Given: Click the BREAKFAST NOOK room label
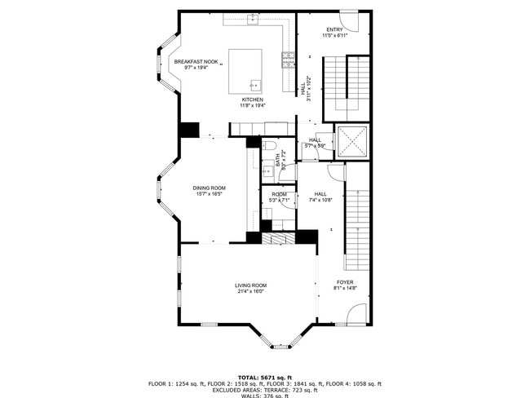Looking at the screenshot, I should click(x=196, y=62).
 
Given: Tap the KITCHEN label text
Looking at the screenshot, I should click(x=251, y=99).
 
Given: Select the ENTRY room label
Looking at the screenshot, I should click(x=334, y=30).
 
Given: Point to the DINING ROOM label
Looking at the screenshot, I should click(x=209, y=188).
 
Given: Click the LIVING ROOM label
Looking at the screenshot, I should click(x=251, y=285).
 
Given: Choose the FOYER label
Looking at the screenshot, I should click(x=345, y=281).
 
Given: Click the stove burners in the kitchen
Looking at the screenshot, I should click(x=288, y=58).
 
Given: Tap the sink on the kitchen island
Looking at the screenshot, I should click(x=255, y=84).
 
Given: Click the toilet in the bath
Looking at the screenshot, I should click(x=271, y=147).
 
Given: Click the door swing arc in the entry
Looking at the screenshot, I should click(x=348, y=18).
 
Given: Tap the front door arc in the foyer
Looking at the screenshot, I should click(x=358, y=314).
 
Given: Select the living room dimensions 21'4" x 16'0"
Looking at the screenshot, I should click(x=251, y=291).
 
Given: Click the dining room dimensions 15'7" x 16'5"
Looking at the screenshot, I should click(x=209, y=194).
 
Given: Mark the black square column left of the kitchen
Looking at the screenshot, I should click(x=189, y=129).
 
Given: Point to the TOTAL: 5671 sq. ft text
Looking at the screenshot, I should click(x=264, y=377).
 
